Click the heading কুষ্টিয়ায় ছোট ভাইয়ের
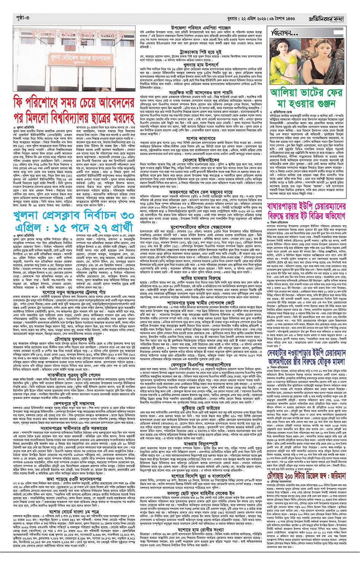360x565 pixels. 201,417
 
